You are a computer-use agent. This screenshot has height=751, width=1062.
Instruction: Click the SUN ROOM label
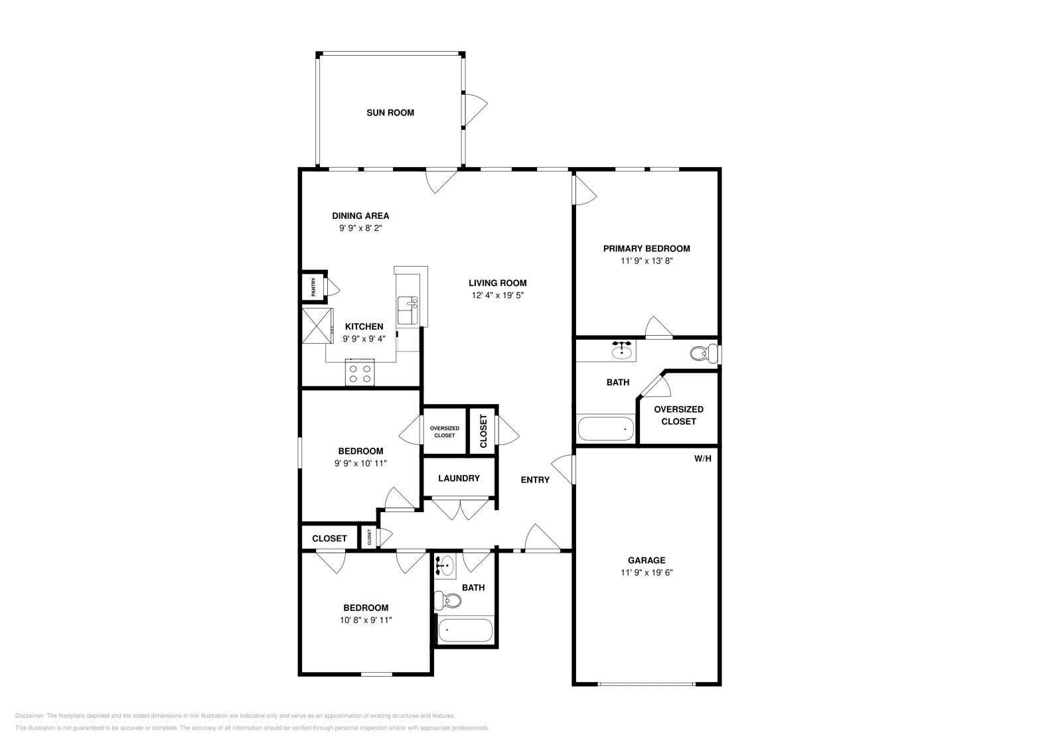390,113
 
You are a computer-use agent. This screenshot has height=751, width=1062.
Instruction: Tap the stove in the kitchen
360,374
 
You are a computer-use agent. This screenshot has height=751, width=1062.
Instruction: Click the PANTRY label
313,288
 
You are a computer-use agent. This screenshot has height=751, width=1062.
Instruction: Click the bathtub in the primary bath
606,429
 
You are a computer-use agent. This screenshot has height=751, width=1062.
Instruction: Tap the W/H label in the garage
703,458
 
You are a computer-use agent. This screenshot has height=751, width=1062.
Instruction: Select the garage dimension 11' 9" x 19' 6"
646,573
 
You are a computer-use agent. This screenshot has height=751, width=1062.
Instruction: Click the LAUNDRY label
459,478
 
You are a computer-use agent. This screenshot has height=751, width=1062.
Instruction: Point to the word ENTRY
535,480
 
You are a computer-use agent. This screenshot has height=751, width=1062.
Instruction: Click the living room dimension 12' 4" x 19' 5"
498,295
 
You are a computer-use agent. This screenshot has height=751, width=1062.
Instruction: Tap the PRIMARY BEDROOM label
646,249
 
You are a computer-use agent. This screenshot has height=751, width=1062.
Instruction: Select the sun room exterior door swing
474,109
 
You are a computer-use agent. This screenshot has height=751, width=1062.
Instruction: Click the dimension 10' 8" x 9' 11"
366,620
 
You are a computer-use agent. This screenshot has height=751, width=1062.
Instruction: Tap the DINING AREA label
360,216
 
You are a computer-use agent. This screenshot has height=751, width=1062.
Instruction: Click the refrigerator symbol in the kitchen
317,326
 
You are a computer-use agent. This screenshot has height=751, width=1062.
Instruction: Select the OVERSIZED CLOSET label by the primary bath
678,415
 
